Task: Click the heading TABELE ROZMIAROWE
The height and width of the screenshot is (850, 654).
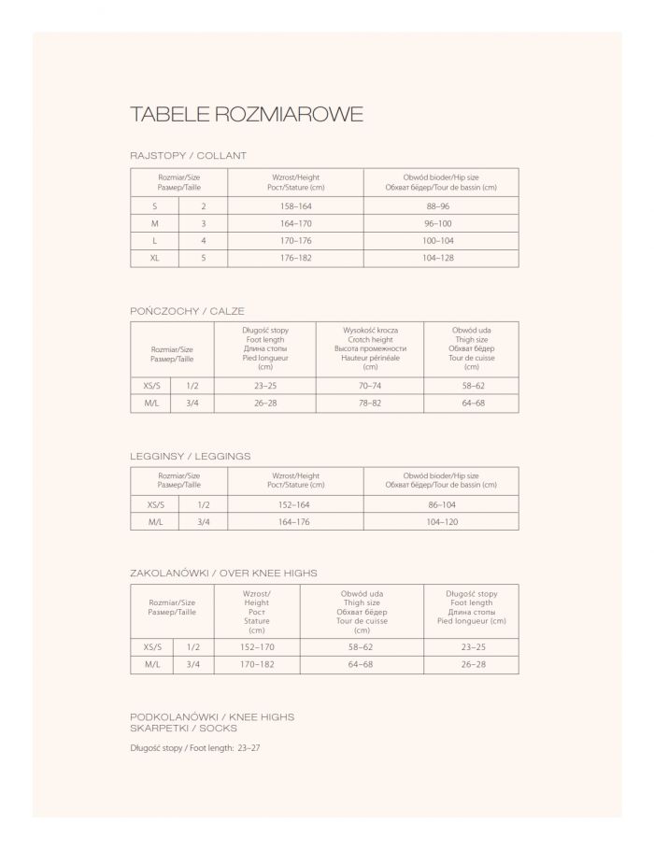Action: pos(247,115)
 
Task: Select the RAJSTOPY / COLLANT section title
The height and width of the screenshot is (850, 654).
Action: pos(188,156)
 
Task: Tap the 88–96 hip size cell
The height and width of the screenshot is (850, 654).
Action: pos(438,205)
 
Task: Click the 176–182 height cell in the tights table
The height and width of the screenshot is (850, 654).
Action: pos(296,258)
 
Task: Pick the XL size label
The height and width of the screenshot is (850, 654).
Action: pos(154,258)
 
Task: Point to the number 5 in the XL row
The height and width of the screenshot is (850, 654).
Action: pos(203,258)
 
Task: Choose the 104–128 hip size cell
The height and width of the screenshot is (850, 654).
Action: pos(438,258)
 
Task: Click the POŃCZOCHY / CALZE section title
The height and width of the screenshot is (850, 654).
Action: pos(187,310)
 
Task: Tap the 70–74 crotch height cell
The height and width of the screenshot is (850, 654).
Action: pos(370,385)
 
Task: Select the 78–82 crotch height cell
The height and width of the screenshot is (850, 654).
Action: pos(370,404)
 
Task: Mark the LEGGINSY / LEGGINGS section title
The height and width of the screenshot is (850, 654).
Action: pos(190,456)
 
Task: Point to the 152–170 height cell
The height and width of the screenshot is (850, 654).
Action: pos(256,646)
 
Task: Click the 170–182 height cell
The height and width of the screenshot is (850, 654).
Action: pos(256,664)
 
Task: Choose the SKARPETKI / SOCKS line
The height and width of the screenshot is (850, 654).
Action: pos(184,728)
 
